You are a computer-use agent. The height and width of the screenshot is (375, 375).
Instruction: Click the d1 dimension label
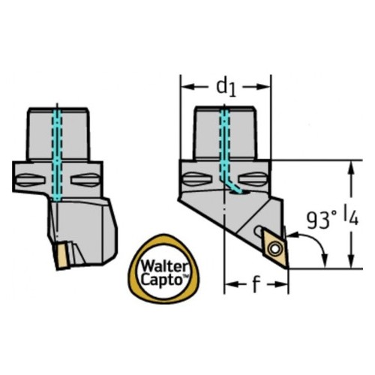226,88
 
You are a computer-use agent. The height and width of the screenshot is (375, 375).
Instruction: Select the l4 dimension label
351,217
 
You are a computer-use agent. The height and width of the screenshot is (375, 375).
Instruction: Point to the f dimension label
255,284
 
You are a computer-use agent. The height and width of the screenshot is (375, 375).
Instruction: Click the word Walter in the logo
164,267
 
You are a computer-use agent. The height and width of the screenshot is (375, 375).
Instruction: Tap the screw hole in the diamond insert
274,249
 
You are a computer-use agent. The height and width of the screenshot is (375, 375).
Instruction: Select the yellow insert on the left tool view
61,256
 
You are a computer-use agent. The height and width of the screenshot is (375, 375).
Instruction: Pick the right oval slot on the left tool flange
85,180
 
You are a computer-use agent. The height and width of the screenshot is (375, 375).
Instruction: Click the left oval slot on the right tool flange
197,179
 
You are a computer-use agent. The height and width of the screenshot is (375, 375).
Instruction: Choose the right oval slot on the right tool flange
252,179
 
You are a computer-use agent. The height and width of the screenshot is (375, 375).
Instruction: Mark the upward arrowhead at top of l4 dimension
351,167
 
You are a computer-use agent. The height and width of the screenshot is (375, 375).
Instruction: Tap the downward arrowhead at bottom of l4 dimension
351,262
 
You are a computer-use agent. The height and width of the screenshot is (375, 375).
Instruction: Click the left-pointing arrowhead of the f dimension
232,284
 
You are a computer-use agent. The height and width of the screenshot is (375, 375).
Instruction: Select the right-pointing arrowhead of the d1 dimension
263,87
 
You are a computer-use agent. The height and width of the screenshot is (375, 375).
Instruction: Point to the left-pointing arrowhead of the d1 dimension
187,87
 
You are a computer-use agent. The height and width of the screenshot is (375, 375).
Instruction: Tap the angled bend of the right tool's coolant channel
229,184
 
